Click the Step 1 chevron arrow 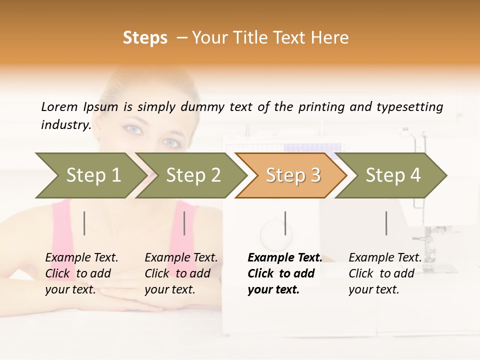tap(90, 175)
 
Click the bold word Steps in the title tap(145, 38)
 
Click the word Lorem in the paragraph tap(59, 107)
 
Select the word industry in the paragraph tap(66, 125)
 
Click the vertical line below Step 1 tap(84, 223)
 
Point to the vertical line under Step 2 tap(184, 223)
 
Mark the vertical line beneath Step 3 tap(285, 223)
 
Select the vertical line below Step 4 tap(386, 223)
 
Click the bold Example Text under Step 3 tap(285, 258)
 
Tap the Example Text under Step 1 tap(81, 258)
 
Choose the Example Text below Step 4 tap(385, 258)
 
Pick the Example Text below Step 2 tap(181, 258)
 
